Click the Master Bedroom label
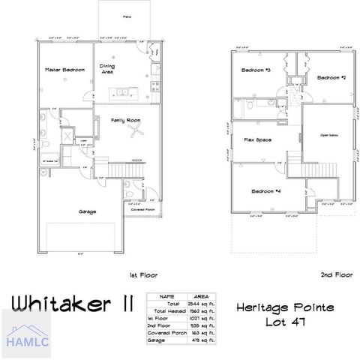[62, 70]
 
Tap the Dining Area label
[108, 70]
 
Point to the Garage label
[88, 211]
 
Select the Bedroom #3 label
[256, 70]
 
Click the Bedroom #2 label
[331, 77]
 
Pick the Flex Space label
[257, 140]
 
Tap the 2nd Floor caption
[335, 274]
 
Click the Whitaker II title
[73, 303]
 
